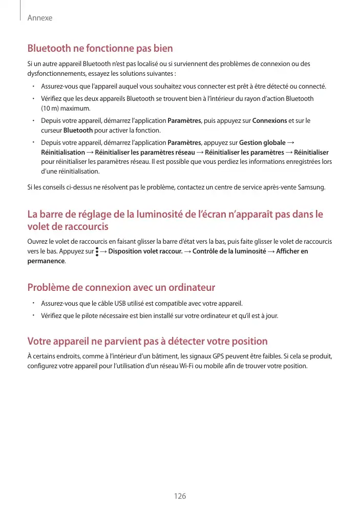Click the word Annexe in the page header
(x=40, y=18)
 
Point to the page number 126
(x=180, y=496)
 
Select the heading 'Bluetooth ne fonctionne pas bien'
(x=100, y=49)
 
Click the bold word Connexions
(x=269, y=121)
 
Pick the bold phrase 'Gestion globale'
(x=263, y=143)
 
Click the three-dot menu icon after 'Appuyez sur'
(x=97, y=251)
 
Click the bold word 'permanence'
(x=46, y=261)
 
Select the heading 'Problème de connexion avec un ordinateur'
(x=121, y=287)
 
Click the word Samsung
(x=312, y=187)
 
